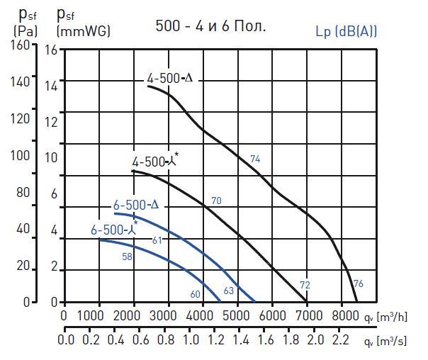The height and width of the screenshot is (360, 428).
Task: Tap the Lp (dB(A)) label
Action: pos(346,31)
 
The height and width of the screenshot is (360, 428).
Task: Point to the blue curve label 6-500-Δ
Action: pos(136,206)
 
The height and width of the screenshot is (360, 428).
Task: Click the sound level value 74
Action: pos(256,159)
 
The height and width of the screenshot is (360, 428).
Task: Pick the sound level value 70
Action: pos(216,201)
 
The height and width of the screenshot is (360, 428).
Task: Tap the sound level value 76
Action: pos(358,283)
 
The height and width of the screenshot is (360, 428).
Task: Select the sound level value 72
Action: pos(305,284)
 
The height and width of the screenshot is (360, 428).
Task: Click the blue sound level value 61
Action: pos(157,241)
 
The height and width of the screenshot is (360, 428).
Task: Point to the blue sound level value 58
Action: pos(128,257)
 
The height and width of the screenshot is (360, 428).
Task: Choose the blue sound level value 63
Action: pos(228,291)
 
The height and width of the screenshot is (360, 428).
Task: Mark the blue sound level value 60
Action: pos(196,294)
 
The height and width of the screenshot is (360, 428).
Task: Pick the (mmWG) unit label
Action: pos(78,31)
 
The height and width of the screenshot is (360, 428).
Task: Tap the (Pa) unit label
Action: pos(26,31)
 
